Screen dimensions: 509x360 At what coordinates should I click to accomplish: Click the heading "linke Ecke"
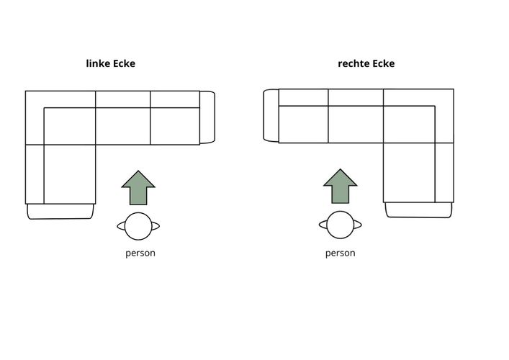(110, 63)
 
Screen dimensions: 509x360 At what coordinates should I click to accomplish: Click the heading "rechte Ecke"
(366, 63)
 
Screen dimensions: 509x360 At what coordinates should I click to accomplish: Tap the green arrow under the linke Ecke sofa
(138, 188)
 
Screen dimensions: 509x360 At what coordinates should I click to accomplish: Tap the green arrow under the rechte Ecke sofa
(341, 186)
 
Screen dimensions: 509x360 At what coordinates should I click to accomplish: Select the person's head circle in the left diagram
(138, 226)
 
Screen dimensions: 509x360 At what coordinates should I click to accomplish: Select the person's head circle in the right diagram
(341, 225)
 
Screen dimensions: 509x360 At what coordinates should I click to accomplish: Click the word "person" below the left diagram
(140, 253)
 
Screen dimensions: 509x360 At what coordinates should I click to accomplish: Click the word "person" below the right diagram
(341, 253)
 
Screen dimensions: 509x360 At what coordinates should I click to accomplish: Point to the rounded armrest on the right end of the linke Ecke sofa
(207, 117)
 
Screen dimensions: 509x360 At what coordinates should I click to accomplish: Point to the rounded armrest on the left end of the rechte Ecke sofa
(271, 116)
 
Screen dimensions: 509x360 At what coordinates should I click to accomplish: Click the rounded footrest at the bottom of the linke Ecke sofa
(60, 212)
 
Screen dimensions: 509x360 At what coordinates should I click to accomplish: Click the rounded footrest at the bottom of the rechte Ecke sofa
(419, 210)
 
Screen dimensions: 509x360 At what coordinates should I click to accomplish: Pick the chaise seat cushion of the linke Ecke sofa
(70, 174)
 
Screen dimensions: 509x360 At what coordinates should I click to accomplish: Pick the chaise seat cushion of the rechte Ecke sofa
(409, 172)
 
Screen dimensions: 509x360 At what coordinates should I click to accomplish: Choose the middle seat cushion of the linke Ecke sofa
(123, 126)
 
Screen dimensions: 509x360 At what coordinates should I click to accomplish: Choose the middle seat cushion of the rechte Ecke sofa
(356, 124)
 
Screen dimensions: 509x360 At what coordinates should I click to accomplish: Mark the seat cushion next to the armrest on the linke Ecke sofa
(175, 126)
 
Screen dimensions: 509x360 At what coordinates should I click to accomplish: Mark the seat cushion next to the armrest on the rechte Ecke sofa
(304, 124)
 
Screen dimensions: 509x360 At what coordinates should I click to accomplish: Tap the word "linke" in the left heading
(98, 63)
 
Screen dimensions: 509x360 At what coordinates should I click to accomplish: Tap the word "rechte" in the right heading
(353, 63)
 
